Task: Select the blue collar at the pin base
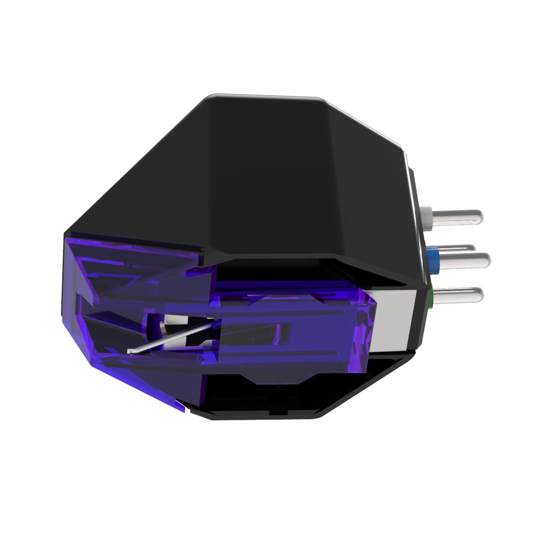432,253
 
